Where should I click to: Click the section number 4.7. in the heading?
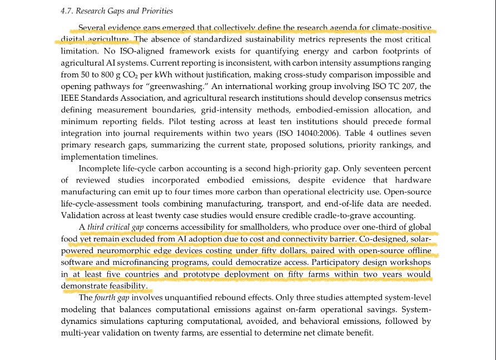click(67, 11)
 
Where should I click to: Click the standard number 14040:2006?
click(317, 134)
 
